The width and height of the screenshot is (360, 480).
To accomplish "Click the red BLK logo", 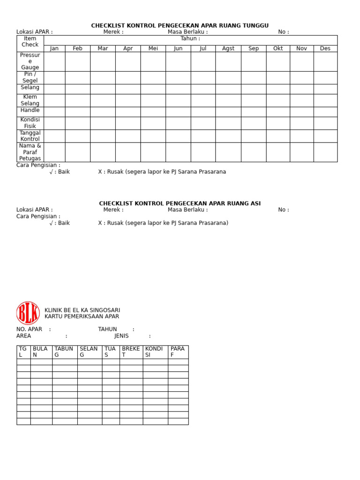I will (28, 313).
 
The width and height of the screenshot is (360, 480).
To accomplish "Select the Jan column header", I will (54, 48).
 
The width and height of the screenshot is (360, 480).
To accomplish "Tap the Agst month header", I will (228, 48).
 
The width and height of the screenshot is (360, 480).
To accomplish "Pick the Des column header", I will (325, 48).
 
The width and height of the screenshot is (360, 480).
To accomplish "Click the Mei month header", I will (153, 48).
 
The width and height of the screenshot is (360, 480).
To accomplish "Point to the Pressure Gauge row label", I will (30, 61).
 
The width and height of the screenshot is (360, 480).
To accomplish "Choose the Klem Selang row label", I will (30, 100).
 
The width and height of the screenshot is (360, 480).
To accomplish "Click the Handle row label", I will (30, 110).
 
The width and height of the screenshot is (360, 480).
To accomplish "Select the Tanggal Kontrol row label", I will (30, 136).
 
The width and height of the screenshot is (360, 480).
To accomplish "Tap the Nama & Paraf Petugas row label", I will (30, 152).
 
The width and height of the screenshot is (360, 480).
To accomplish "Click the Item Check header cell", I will (30, 42).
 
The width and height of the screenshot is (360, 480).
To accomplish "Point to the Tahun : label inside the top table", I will (190, 38).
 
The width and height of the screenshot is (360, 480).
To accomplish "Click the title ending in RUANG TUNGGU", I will (180, 25).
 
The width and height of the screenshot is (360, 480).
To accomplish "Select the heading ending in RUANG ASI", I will (180, 203).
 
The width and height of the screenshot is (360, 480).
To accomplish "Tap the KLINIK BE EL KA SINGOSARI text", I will (82, 310).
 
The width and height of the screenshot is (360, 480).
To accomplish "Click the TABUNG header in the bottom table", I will (64, 352).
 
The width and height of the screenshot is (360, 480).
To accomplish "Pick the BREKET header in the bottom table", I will (131, 352).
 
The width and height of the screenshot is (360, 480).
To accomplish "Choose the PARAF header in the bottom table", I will (178, 352).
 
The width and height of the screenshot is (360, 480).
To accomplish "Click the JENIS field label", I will (121, 336).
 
